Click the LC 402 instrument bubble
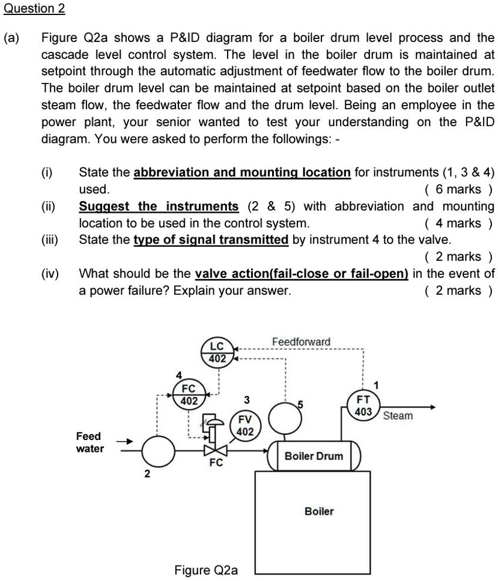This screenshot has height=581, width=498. [217, 352]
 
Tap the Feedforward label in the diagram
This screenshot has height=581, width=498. [301, 342]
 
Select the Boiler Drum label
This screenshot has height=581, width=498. [314, 456]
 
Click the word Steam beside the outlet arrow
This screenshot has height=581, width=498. [398, 415]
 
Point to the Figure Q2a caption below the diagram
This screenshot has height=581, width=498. [206, 570]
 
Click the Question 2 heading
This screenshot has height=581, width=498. [34, 9]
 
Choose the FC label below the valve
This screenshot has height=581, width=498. [216, 463]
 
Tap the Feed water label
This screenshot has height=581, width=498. [90, 442]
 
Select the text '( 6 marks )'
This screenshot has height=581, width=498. [458, 190]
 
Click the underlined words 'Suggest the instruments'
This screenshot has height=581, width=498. [159, 206]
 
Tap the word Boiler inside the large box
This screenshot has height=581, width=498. [319, 511]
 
